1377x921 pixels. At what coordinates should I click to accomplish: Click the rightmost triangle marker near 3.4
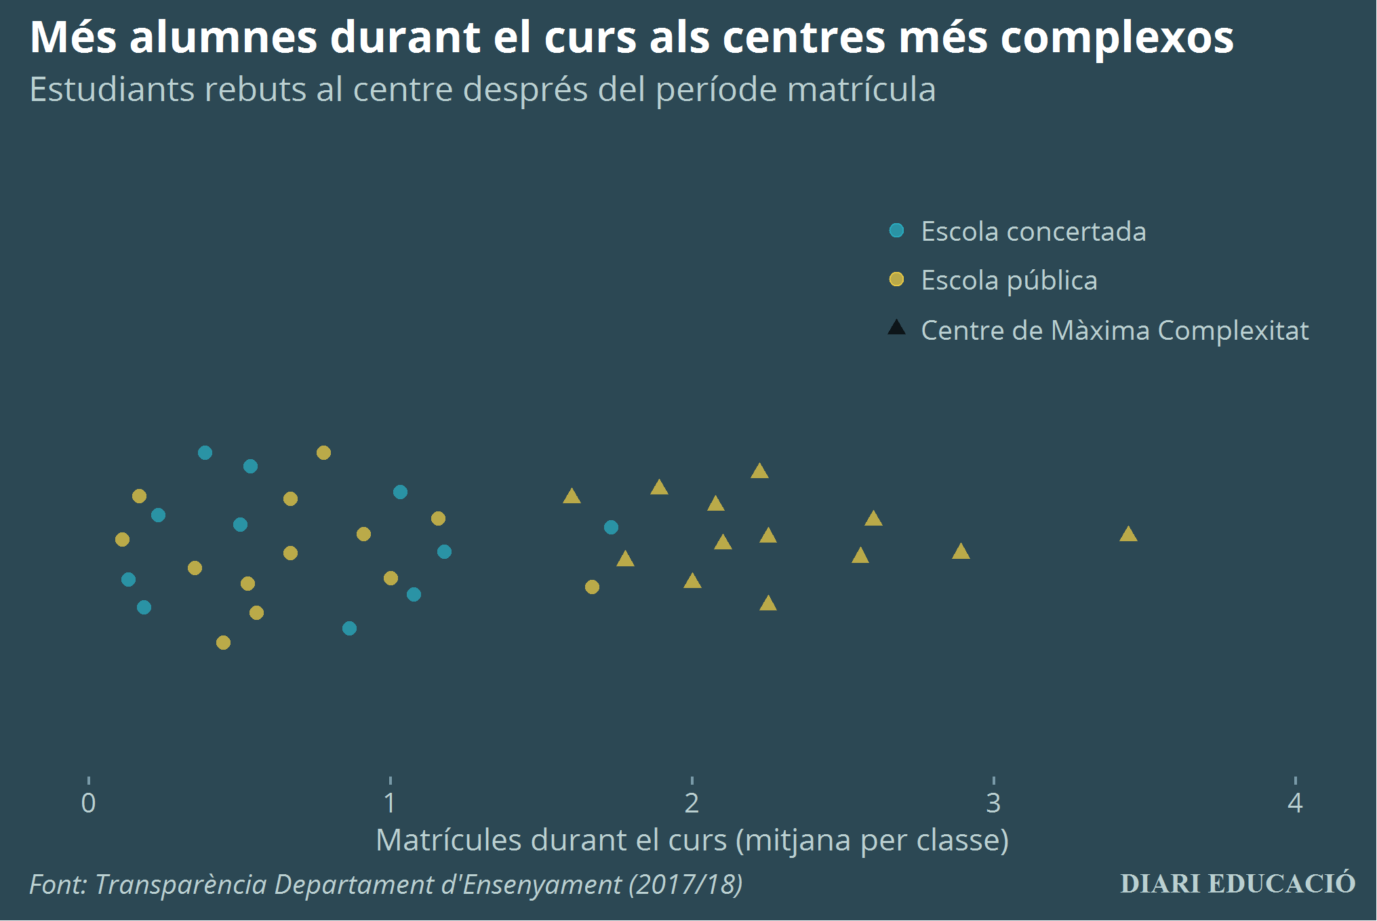point(1127,535)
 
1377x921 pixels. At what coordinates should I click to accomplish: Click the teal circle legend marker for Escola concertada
point(896,231)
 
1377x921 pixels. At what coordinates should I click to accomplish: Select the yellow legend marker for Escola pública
point(896,279)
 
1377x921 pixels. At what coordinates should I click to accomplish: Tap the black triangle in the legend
point(896,329)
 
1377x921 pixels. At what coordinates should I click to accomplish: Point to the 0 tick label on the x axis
point(88,803)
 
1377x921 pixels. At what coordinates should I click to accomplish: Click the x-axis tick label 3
point(993,803)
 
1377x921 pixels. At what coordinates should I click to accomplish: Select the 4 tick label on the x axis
point(1295,803)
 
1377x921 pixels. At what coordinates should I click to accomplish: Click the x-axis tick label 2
point(692,803)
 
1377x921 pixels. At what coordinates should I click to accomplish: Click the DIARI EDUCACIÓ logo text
point(1237,884)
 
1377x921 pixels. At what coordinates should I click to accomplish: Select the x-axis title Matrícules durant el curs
point(692,840)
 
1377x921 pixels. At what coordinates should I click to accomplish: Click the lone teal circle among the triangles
point(611,527)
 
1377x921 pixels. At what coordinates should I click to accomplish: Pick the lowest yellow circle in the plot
point(223,642)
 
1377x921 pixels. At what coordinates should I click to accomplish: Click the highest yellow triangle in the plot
point(759,471)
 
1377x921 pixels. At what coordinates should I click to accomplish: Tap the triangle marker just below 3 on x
point(961,552)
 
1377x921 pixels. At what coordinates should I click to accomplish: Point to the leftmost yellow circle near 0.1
point(122,539)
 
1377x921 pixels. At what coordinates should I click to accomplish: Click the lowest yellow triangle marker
point(767,604)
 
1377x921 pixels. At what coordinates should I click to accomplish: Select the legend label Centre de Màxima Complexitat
point(1115,330)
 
